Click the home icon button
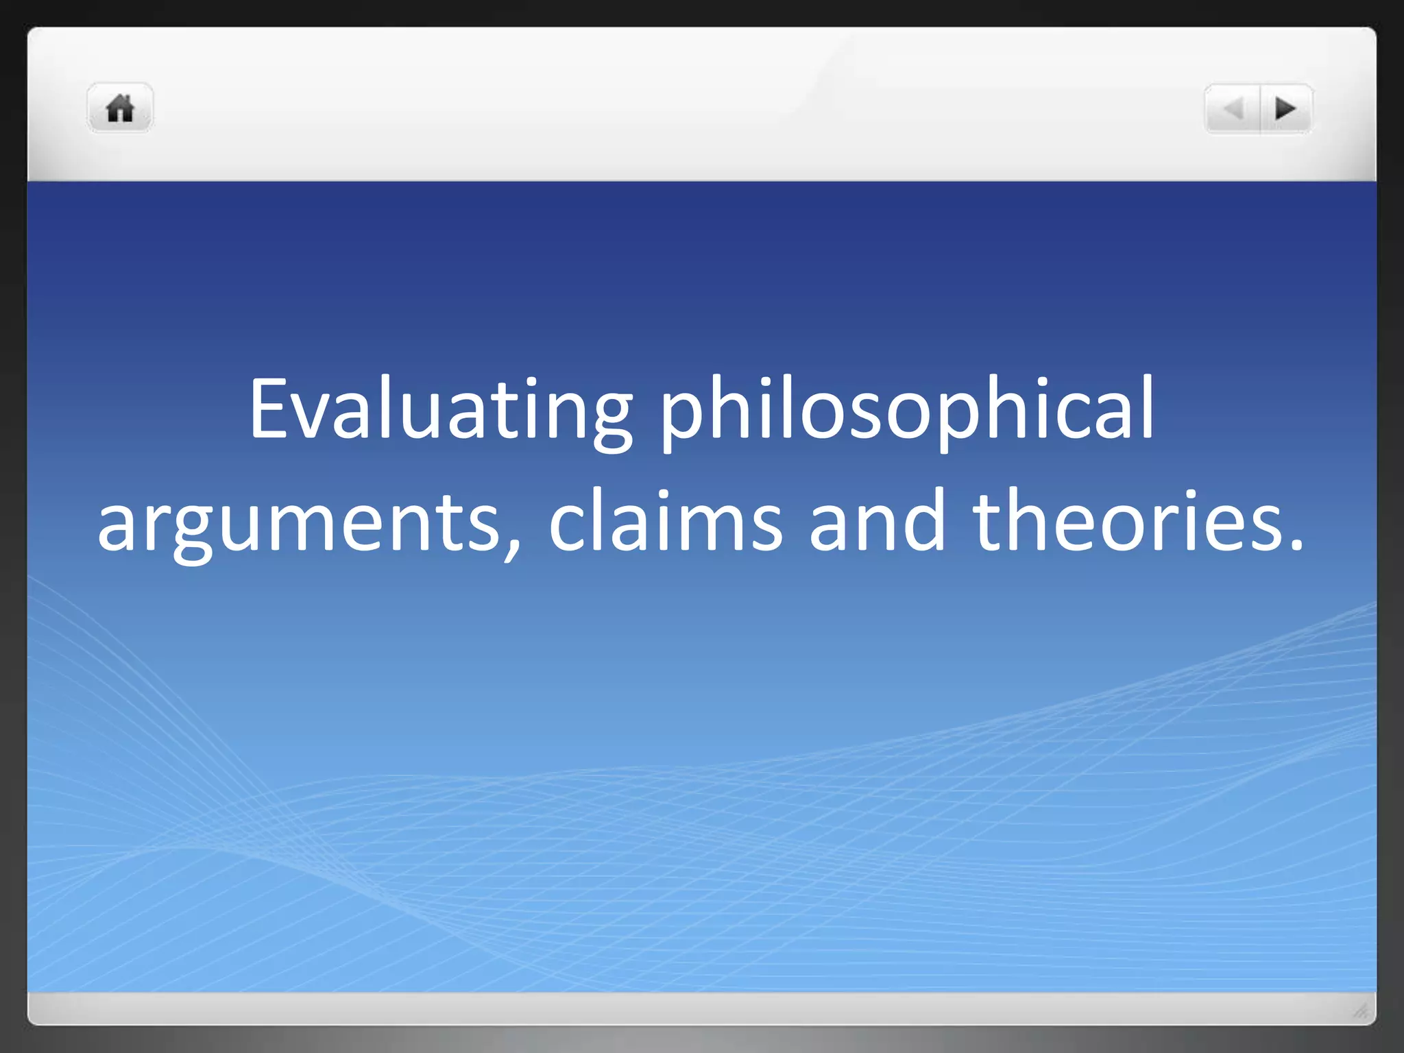pos(120,108)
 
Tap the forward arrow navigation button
pos(1285,108)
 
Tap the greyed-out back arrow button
pos(1233,108)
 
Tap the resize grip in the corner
pos(1360,1010)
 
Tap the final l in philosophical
pos(1146,407)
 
